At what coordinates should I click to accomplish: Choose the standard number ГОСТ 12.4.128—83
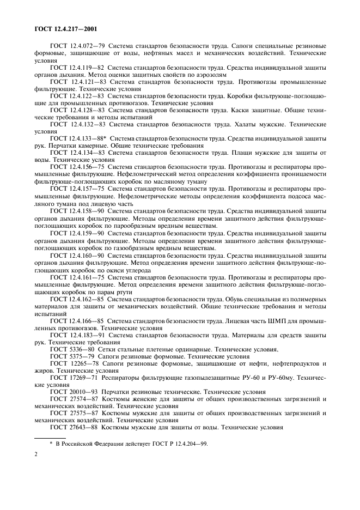tap(77, 110)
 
